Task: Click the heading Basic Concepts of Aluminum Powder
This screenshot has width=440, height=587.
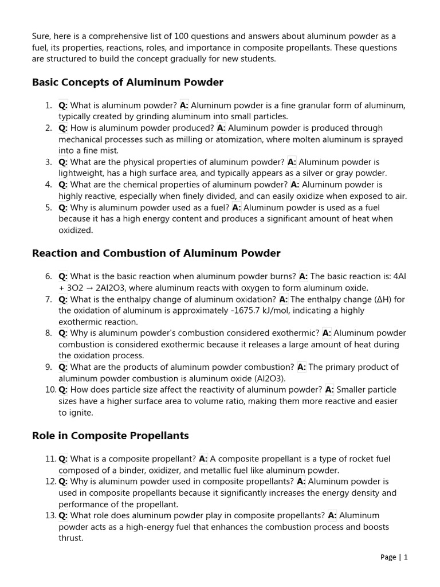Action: (x=128, y=83)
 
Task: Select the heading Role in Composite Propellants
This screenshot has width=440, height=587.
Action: (x=110, y=436)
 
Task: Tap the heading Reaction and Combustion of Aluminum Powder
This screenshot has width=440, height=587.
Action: (x=156, y=253)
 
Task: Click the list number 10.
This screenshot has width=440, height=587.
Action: (x=50, y=390)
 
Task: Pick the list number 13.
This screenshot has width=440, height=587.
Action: (x=50, y=515)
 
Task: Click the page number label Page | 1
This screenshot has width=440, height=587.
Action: (x=394, y=557)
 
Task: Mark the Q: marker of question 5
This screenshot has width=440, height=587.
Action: (x=63, y=208)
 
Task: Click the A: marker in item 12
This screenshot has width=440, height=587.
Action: (x=301, y=482)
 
